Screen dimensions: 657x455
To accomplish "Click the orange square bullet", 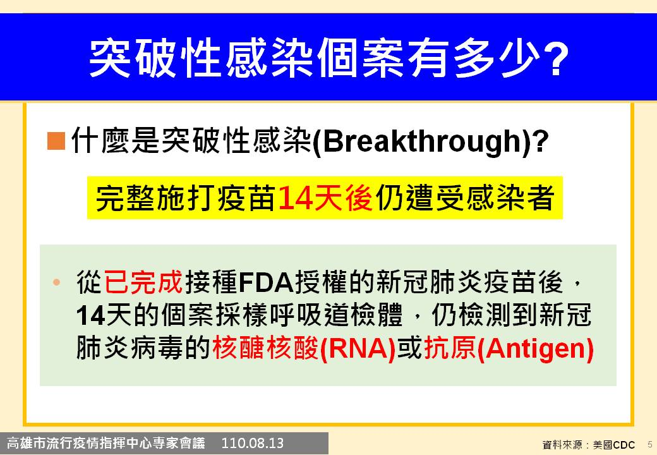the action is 56,140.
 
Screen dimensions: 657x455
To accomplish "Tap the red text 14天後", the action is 325,197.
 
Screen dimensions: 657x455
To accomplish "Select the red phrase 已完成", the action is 143,282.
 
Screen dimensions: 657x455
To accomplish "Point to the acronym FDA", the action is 266,282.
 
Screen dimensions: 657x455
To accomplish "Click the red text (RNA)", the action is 358,349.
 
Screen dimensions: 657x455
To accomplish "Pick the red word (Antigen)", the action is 536,349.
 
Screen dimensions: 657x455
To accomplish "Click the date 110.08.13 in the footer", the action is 252,443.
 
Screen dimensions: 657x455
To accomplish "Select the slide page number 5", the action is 650,444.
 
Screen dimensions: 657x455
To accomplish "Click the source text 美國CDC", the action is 614,444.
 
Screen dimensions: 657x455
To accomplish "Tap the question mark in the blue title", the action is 556,59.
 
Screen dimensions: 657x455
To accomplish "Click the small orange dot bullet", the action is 57,282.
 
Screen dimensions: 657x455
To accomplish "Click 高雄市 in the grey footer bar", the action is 27,443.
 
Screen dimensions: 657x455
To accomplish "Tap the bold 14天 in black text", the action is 105,315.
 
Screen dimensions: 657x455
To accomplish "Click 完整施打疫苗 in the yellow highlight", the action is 186,197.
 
